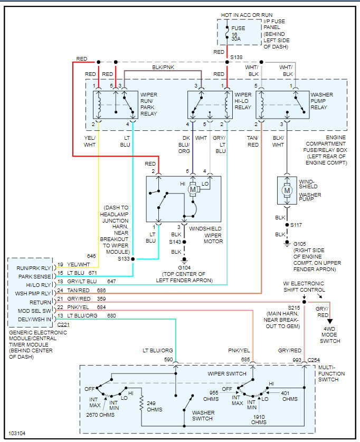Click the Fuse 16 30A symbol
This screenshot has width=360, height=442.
point(227,32)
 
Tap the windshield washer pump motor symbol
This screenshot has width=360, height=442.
point(287,190)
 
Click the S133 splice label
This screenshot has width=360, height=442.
point(123,259)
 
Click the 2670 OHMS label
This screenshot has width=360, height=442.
point(100,415)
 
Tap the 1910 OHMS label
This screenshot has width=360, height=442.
point(258,419)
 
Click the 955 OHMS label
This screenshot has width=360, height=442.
point(213,396)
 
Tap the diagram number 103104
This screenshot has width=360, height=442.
point(16,433)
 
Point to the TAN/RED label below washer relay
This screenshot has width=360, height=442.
point(253,141)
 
